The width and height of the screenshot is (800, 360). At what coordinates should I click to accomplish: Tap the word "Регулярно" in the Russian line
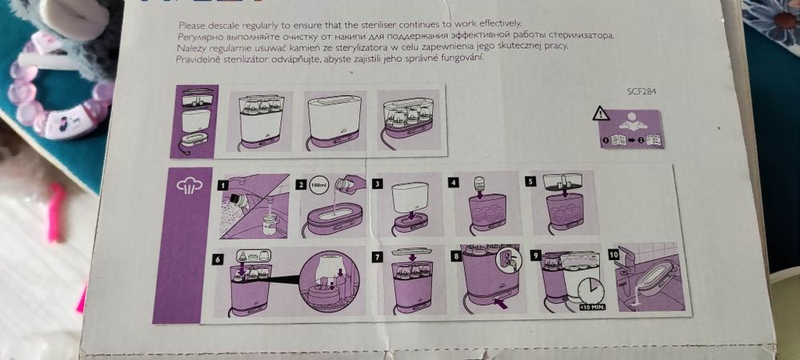(x=202, y=37)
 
